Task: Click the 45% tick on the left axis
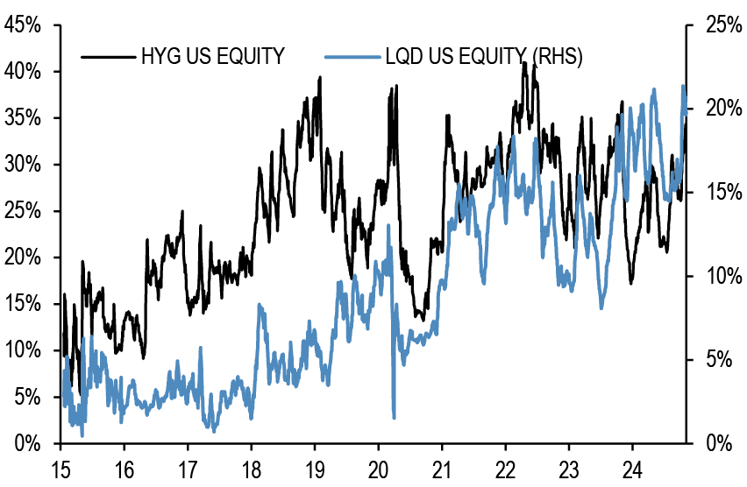click(x=21, y=25)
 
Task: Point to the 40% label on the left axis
click(x=21, y=71)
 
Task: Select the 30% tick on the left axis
click(x=21, y=165)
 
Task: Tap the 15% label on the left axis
click(x=21, y=304)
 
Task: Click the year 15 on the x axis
click(x=61, y=467)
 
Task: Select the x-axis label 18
click(x=252, y=467)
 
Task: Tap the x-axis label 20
click(x=379, y=467)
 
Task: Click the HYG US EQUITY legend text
click(x=213, y=57)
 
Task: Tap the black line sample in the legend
click(x=107, y=57)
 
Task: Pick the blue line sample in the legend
click(x=350, y=57)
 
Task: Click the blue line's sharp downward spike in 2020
click(x=394, y=417)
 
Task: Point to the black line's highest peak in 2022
click(x=524, y=63)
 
